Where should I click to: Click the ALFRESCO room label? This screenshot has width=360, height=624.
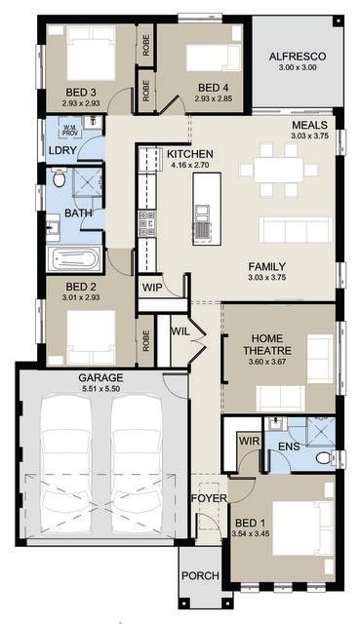pyautogui.click(x=298, y=57)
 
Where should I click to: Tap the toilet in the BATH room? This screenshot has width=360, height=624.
pyautogui.click(x=59, y=177)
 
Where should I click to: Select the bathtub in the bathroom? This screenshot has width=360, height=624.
pyautogui.click(x=74, y=258)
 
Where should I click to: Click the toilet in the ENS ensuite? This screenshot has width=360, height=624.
pyautogui.click(x=325, y=457)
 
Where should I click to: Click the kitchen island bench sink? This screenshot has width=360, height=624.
pyautogui.click(x=202, y=213)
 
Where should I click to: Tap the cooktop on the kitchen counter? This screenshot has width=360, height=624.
pyautogui.click(x=147, y=223)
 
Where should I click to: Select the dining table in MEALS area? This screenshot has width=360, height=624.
pyautogui.click(x=279, y=171)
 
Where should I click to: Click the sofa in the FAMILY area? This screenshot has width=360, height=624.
pyautogui.click(x=296, y=229)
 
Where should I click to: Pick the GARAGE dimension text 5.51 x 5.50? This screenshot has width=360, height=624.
pyautogui.click(x=100, y=388)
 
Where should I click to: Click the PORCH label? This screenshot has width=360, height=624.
pyautogui.click(x=200, y=575)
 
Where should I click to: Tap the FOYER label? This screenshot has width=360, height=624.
pyautogui.click(x=209, y=498)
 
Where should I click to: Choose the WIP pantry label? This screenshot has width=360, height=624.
pyautogui.click(x=152, y=287)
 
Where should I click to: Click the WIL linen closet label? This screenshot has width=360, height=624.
pyautogui.click(x=180, y=331)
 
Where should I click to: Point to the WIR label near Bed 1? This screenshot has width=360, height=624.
pyautogui.click(x=249, y=441)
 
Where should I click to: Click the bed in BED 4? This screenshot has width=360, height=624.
pyautogui.click(x=214, y=58)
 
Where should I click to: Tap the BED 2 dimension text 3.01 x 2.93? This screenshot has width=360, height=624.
pyautogui.click(x=81, y=296)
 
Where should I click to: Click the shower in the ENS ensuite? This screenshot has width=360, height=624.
pyautogui.click(x=320, y=431)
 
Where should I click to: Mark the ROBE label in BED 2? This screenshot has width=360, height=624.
pyautogui.click(x=145, y=340)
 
